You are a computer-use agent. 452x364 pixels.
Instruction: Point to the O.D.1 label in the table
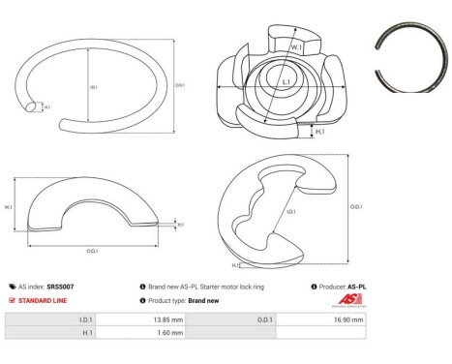tap(263, 318)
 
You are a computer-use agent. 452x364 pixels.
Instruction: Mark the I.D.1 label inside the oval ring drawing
tap(94, 85)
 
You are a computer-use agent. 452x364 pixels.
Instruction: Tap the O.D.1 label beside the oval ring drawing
tap(179, 84)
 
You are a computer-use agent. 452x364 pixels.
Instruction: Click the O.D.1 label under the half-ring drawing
tap(91, 252)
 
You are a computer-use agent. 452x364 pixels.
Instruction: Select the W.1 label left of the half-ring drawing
tap(9, 206)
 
